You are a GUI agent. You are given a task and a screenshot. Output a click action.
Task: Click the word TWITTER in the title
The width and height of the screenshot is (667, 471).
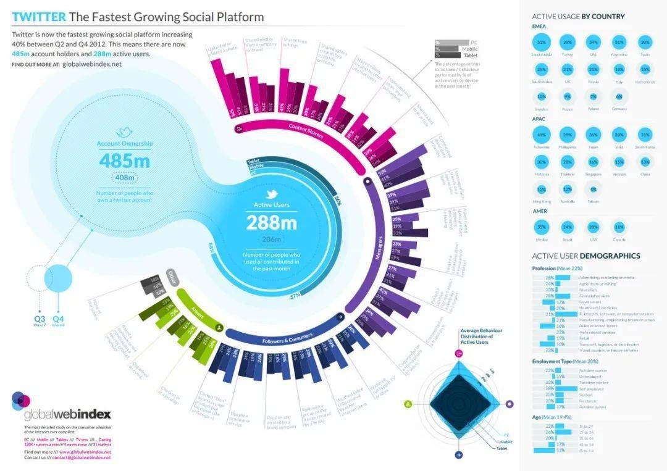click(38, 17)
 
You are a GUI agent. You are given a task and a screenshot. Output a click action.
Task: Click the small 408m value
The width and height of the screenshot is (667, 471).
click(124, 178)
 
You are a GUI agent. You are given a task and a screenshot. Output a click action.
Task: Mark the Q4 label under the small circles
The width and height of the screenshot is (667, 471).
click(58, 319)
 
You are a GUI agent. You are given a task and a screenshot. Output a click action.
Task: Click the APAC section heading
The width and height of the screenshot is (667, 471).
click(539, 118)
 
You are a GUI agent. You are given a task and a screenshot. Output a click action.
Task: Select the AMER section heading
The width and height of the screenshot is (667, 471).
click(539, 211)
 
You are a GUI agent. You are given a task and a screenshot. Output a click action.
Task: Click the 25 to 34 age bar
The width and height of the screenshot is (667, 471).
click(563, 432)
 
